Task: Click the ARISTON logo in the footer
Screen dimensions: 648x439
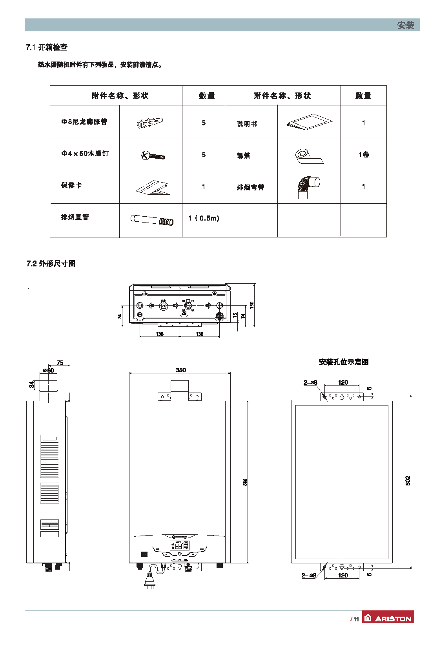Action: click(x=388, y=618)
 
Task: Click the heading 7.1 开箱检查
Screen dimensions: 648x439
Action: click(x=47, y=47)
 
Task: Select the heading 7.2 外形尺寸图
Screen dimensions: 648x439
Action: click(x=51, y=264)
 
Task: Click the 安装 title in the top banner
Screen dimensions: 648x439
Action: click(x=405, y=25)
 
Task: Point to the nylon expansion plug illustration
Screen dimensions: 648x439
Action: click(x=150, y=123)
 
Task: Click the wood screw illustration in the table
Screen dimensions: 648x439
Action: click(x=153, y=156)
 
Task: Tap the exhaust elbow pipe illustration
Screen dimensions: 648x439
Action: click(x=308, y=186)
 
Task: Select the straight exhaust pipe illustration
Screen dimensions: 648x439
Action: click(x=151, y=220)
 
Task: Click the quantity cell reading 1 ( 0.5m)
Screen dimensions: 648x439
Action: click(x=204, y=218)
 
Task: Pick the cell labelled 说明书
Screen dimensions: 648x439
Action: click(x=247, y=124)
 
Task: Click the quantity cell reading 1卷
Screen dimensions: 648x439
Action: click(x=363, y=155)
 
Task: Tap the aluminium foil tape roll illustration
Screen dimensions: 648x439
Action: click(x=308, y=156)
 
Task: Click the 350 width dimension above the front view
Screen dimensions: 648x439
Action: click(x=180, y=370)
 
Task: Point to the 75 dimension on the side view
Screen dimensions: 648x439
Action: click(x=60, y=363)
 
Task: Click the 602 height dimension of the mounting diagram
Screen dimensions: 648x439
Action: click(x=407, y=481)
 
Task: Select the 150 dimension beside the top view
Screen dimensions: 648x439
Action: click(x=251, y=304)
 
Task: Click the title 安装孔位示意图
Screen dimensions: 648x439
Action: click(x=344, y=362)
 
